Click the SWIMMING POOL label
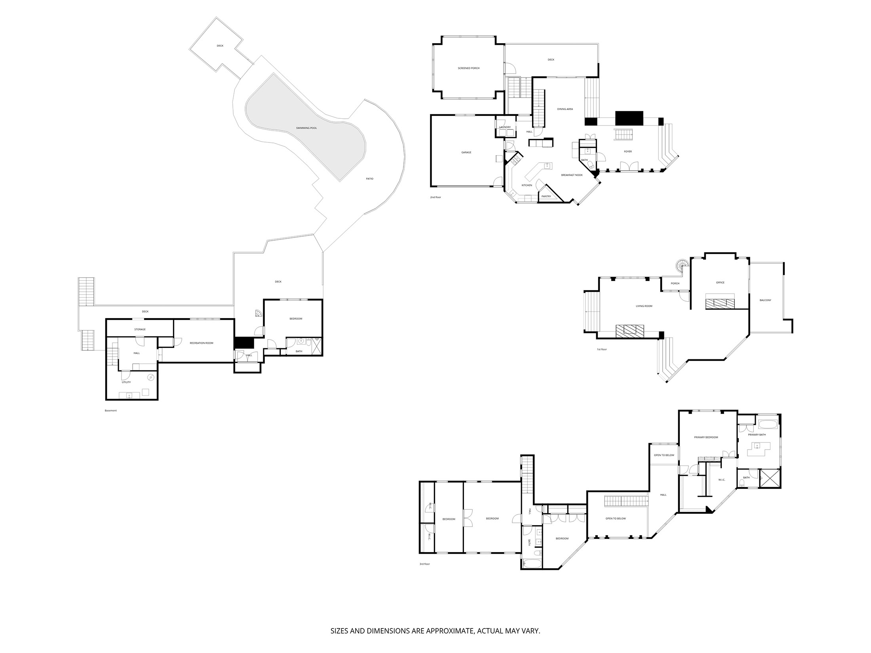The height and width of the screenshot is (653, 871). coord(306,128)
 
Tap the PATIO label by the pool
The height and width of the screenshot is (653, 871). coord(369,179)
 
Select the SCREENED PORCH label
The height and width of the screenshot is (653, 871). coord(468,68)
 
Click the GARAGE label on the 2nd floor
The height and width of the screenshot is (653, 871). coord(466,152)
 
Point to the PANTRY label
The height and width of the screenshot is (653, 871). coord(546,197)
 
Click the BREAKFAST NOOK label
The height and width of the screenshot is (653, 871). coord(572,175)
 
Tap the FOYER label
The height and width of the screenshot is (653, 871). coord(628,152)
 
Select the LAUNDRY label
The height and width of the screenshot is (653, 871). coord(505,127)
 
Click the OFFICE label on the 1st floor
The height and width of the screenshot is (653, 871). coord(720,283)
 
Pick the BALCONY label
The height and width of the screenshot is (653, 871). coord(765,300)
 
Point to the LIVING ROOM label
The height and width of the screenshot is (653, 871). coord(644,306)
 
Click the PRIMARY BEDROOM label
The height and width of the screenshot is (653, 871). coord(706,437)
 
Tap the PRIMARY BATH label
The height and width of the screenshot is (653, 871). coord(757,435)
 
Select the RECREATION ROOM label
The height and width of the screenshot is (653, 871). coord(201,343)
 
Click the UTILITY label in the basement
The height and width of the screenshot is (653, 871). coord(126,382)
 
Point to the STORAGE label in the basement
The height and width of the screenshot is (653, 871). coord(140,329)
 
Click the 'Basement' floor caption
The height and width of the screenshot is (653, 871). coord(111,411)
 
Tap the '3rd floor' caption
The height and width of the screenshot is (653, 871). coord(424,564)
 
